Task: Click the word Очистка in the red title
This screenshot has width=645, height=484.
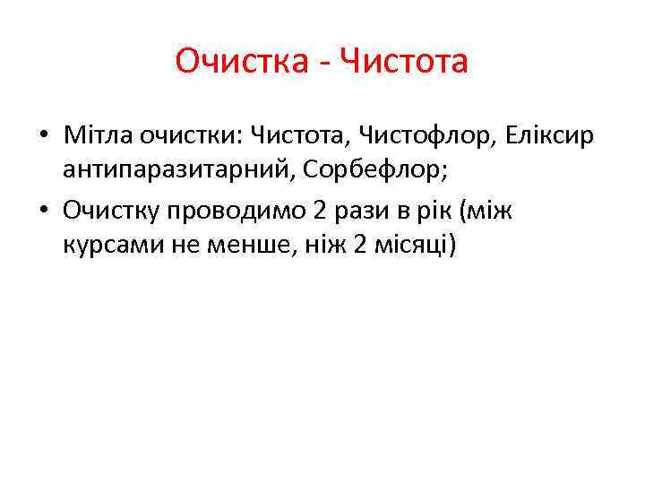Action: (x=239, y=62)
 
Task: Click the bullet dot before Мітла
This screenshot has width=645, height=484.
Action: (x=43, y=136)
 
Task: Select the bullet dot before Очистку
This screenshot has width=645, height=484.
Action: (x=43, y=211)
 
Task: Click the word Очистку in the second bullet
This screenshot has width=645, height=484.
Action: (x=111, y=210)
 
